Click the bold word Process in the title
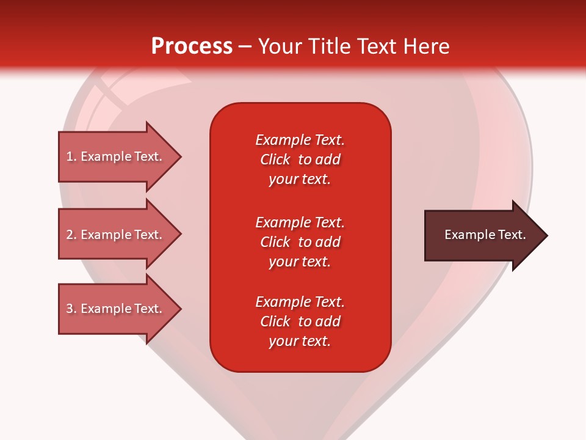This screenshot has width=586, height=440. click(x=192, y=46)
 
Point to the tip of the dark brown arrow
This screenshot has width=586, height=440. click(x=546, y=235)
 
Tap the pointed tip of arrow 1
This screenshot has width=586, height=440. click(x=179, y=156)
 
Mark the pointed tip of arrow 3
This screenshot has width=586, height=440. click(x=179, y=309)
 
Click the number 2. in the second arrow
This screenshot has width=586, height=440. click(x=71, y=235)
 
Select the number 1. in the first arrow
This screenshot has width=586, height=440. click(x=71, y=156)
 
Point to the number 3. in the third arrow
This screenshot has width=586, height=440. click(x=71, y=309)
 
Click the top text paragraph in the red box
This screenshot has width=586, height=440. click(x=300, y=159)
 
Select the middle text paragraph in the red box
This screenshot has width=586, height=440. click(x=300, y=242)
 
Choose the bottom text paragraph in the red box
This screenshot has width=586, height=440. click(x=300, y=321)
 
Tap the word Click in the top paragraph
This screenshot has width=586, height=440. click(x=275, y=159)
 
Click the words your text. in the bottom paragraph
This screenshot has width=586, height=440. click(x=300, y=341)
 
